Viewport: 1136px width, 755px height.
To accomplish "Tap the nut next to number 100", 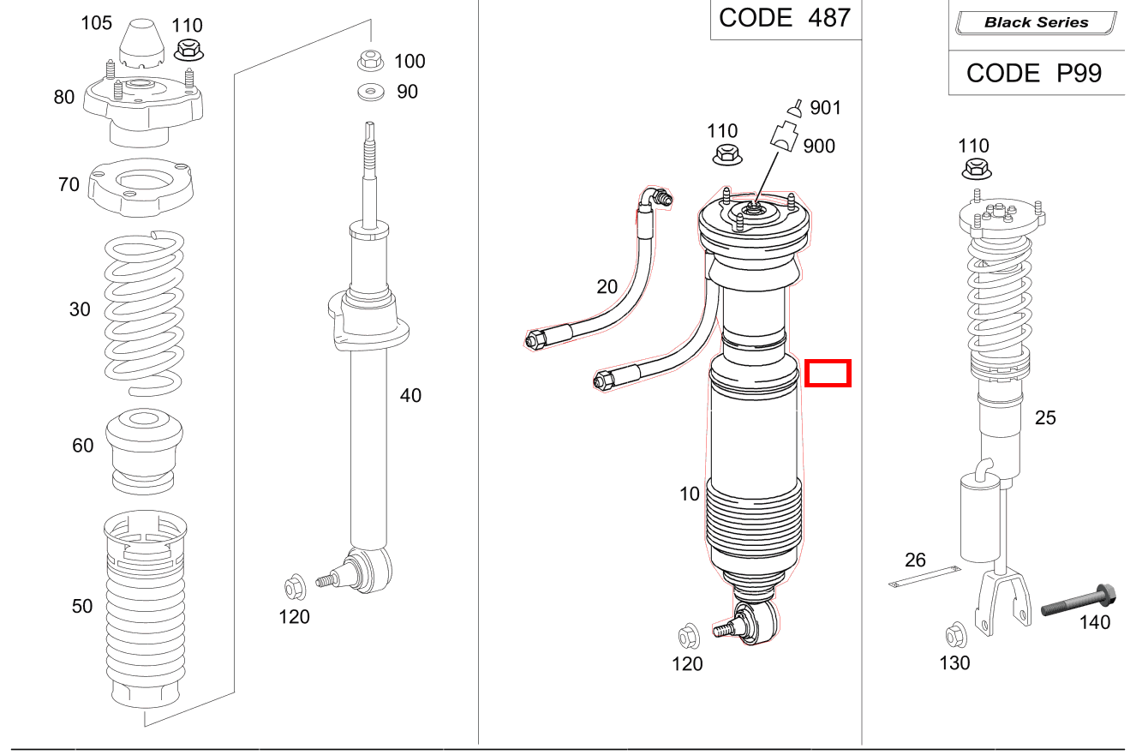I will (369, 61).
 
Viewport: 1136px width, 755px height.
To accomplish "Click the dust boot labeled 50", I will (144, 608).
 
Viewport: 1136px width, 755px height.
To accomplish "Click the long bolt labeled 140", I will (1078, 599).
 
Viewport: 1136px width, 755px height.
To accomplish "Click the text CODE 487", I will (785, 19).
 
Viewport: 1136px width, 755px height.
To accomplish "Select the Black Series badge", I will (1036, 23).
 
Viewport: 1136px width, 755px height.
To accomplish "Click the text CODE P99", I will (1034, 74).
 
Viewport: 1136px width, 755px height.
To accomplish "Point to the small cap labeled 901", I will (796, 108).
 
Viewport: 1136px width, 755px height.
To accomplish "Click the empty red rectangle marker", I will (827, 374).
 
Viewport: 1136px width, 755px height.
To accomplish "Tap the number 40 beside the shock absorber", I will (410, 396).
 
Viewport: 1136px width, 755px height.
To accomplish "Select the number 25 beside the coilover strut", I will (1045, 418).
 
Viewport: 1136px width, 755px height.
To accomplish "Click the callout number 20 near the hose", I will (607, 287).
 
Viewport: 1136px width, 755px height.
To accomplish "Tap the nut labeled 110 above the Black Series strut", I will (976, 169).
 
